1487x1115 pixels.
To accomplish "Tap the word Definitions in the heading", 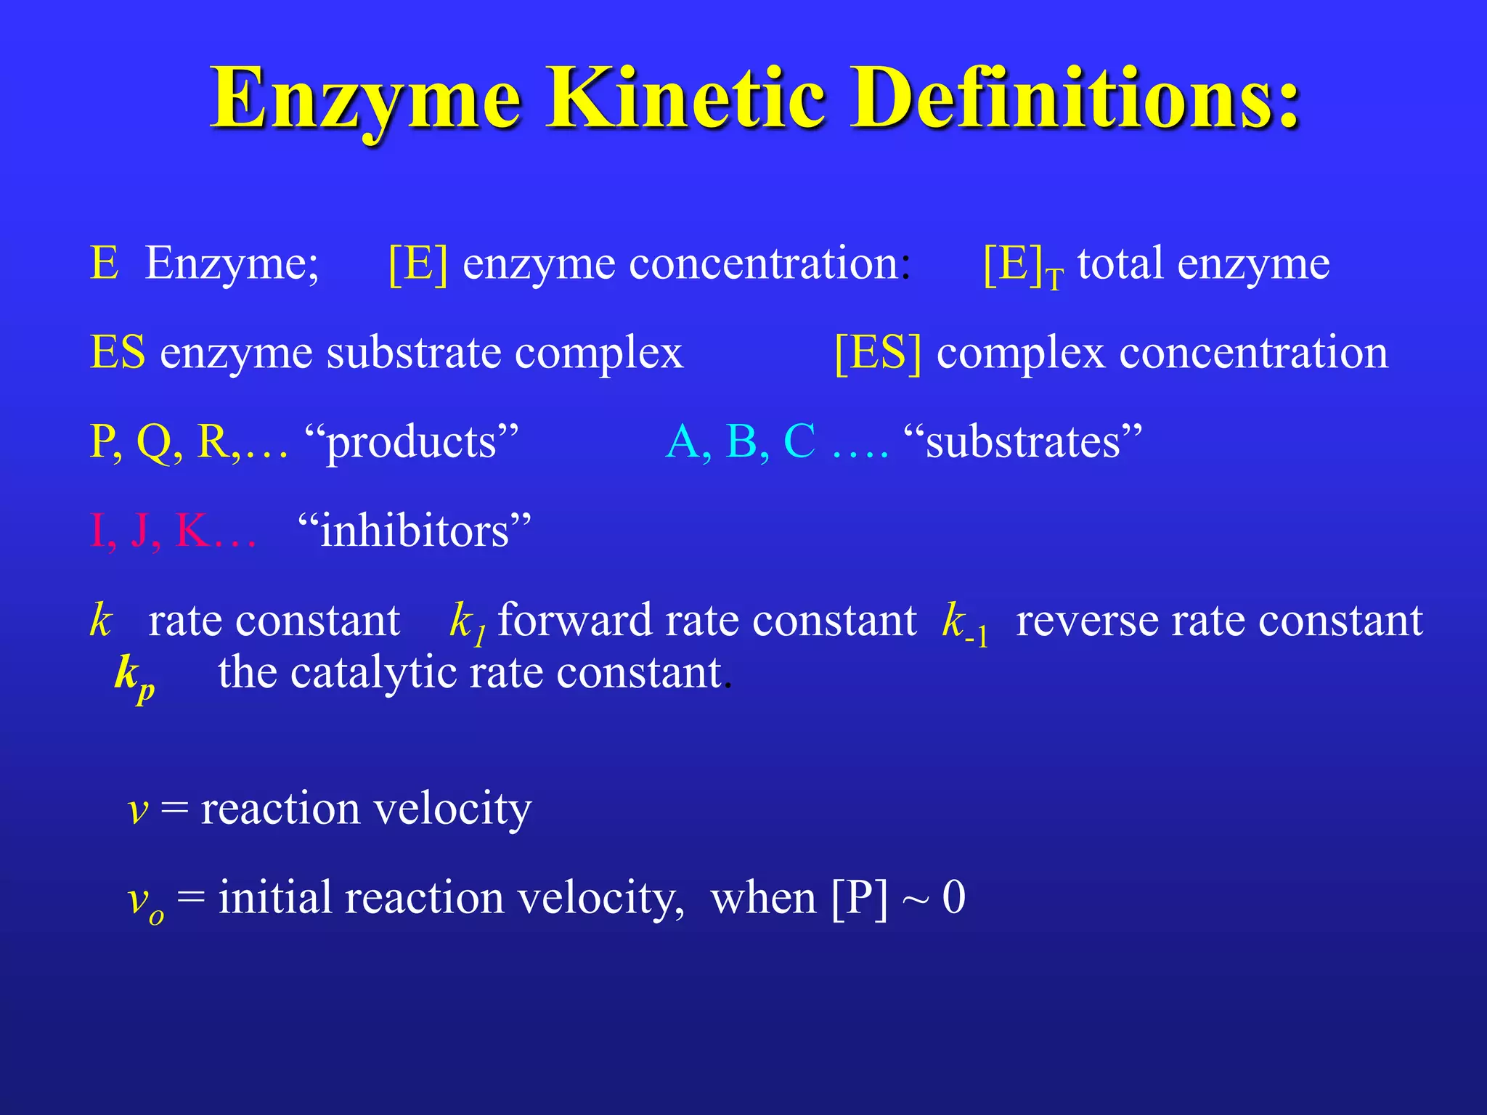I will pyautogui.click(x=1075, y=98).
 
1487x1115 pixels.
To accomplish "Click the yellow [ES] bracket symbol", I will pyautogui.click(x=878, y=354).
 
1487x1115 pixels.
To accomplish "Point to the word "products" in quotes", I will pyautogui.click(x=412, y=443).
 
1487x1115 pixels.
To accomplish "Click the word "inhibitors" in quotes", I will pyautogui.click(x=415, y=531).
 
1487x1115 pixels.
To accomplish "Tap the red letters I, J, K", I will pyautogui.click(x=172, y=531).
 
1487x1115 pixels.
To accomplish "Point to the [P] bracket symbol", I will pyautogui.click(x=859, y=899).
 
